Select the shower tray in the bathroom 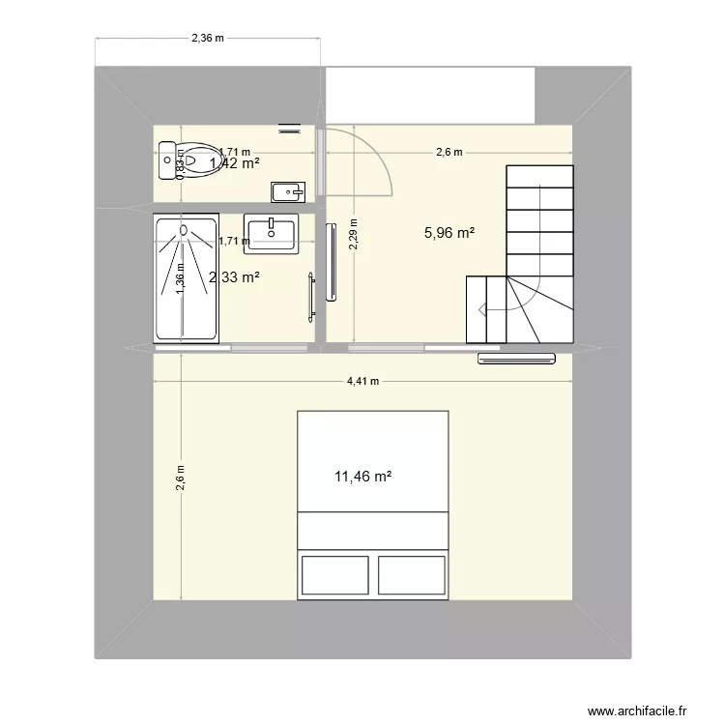coord(185,278)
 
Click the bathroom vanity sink coord(272,233)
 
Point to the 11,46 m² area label coord(362,477)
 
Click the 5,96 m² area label coord(449,232)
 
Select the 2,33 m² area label coord(234,277)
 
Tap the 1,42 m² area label coord(234,163)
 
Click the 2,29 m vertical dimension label coord(354,233)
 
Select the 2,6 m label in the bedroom coord(180,477)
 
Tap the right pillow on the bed coord(411,574)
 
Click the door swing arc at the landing coord(385,164)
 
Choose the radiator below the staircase coord(518,360)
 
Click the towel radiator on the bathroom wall coord(311,297)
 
